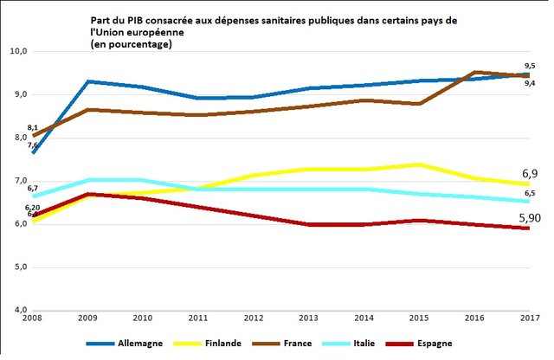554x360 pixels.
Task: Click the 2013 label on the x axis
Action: pyautogui.click(x=308, y=319)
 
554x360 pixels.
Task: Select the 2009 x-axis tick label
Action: pyautogui.click(x=87, y=319)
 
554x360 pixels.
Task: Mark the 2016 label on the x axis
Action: pyautogui.click(x=473, y=319)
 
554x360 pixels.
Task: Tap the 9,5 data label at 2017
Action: pyautogui.click(x=530, y=65)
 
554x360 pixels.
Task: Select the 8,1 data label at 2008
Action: pyautogui.click(x=33, y=128)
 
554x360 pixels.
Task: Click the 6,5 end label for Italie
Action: pyautogui.click(x=530, y=194)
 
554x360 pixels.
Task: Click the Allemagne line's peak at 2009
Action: pyautogui.click(x=87, y=82)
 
